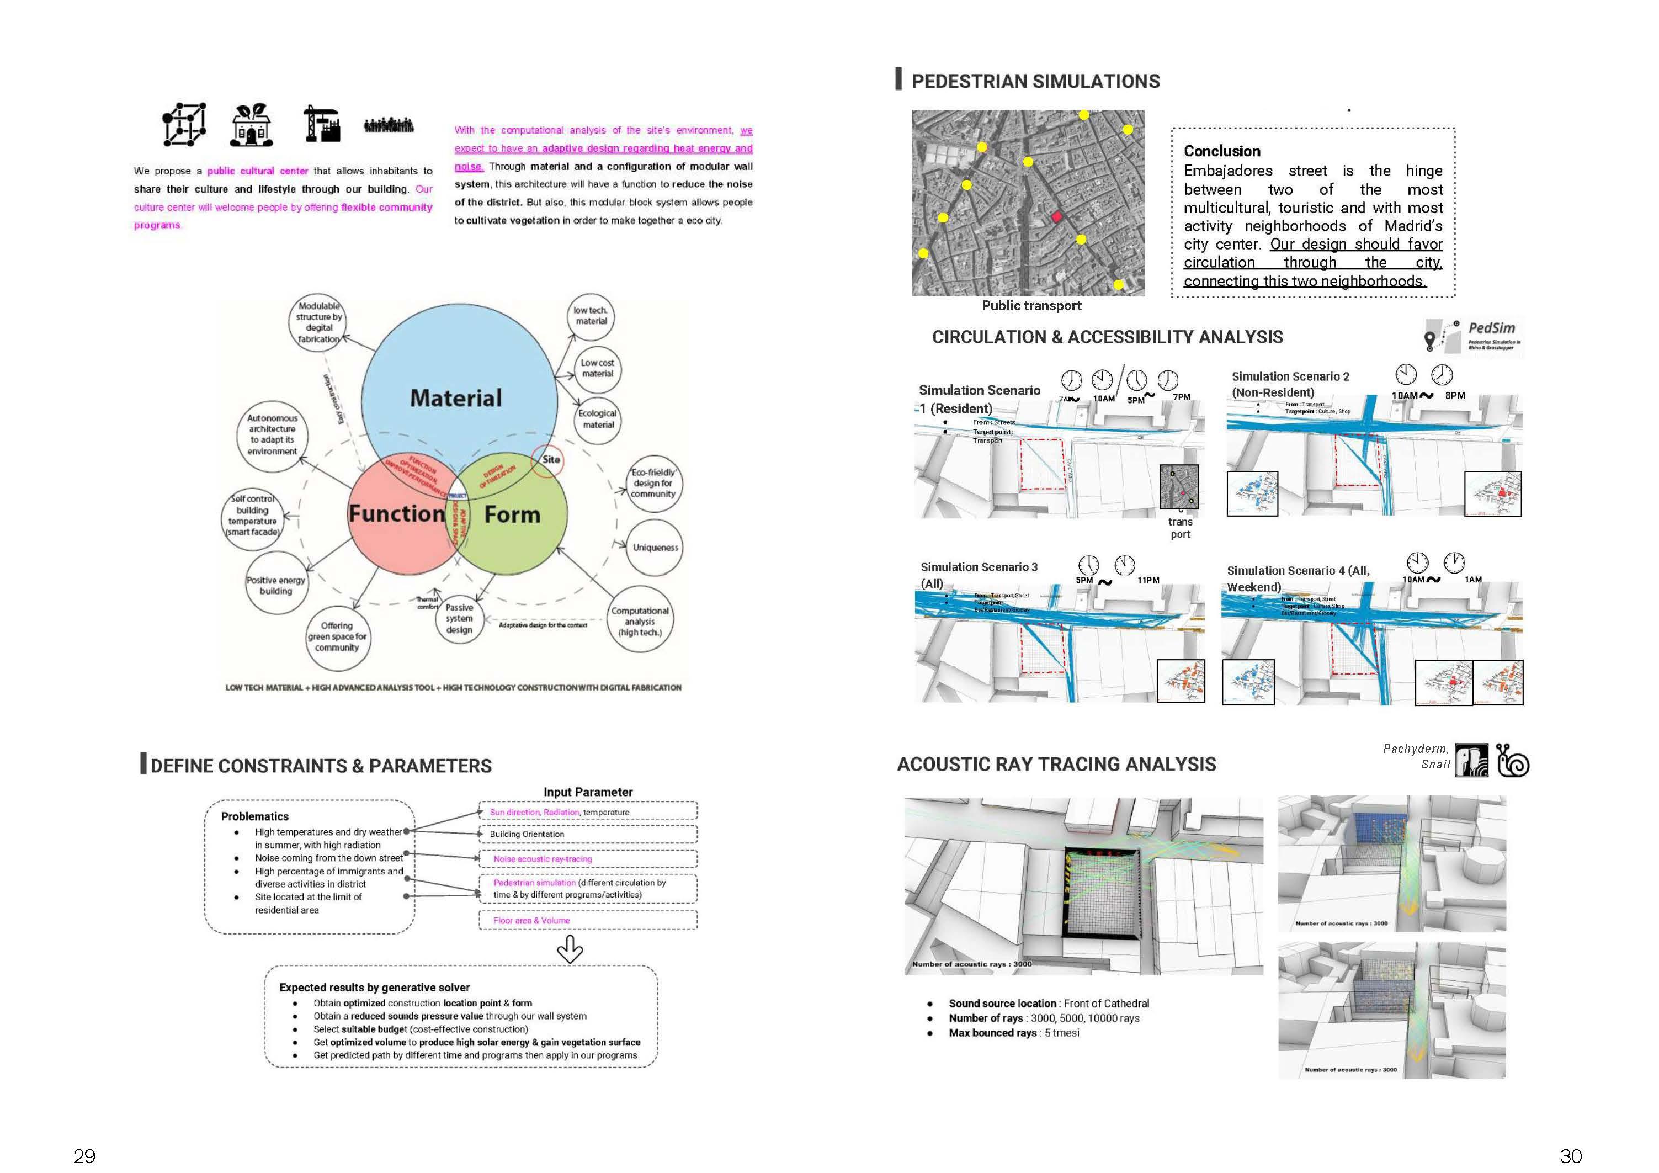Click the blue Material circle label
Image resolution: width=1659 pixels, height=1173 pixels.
tap(456, 398)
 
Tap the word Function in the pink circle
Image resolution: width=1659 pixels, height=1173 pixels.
tap(397, 514)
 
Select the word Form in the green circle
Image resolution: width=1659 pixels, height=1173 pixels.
tap(512, 514)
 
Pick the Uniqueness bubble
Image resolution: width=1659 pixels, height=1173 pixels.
tap(655, 548)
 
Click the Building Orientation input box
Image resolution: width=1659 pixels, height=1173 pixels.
tap(587, 834)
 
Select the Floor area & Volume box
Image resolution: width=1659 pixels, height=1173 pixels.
tap(587, 920)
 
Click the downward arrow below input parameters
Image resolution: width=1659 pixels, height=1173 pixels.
tap(570, 949)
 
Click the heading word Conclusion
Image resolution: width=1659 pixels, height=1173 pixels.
tap(1222, 151)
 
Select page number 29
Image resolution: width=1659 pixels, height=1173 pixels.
tap(84, 1156)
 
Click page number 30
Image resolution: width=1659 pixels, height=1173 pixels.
tap(1571, 1156)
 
